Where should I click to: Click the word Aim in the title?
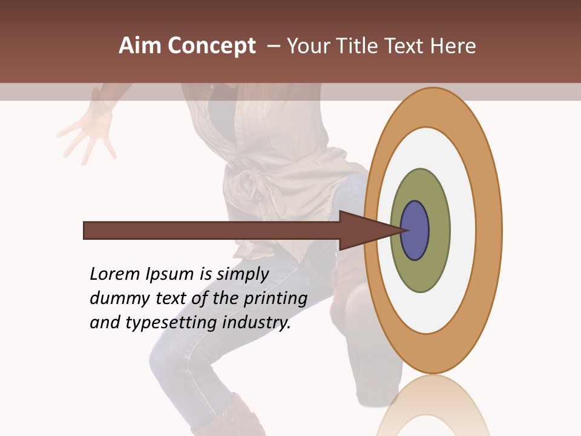click(139, 46)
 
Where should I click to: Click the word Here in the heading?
click(453, 46)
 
